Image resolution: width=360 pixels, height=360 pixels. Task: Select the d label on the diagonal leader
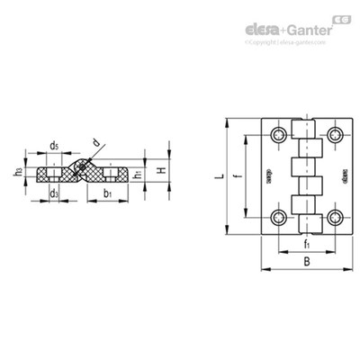click(x=96, y=142)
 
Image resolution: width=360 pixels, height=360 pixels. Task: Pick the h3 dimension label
click(x=17, y=171)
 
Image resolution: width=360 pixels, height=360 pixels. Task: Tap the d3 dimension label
click(x=55, y=193)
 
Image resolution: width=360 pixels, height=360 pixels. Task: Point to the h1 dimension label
click(x=137, y=175)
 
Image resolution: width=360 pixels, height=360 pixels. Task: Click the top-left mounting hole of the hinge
click(x=279, y=135)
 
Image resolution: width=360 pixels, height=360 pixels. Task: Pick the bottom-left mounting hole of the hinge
click(x=279, y=218)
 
